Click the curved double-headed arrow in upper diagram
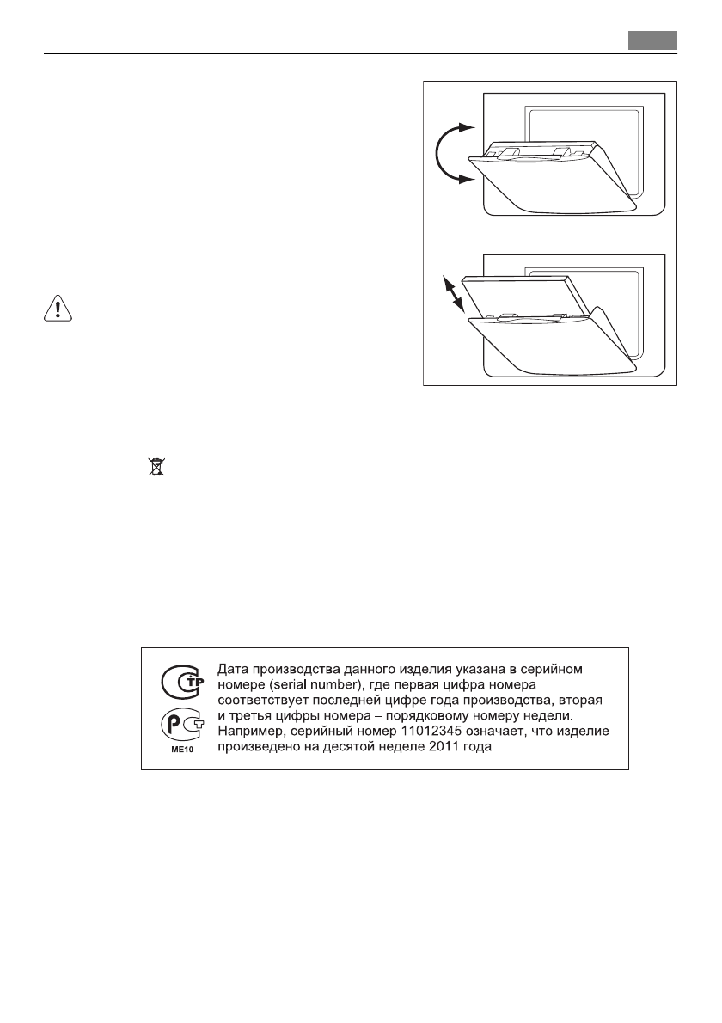pyautogui.click(x=448, y=153)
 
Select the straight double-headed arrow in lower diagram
pyautogui.click(x=452, y=292)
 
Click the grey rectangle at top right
pyautogui.click(x=652, y=40)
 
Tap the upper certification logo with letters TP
pyautogui.click(x=179, y=683)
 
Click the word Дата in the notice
pyautogui.click(x=236, y=668)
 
